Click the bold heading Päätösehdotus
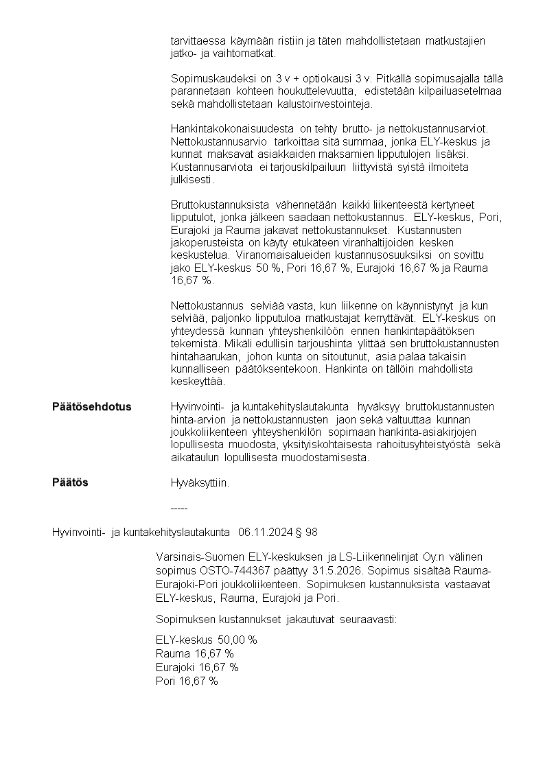(x=91, y=407)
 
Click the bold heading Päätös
(x=70, y=482)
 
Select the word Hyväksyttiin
(x=200, y=483)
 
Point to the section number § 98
(x=306, y=532)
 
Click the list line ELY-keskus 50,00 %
(x=206, y=640)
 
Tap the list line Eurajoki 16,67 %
(x=197, y=667)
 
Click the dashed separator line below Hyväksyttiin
(x=178, y=509)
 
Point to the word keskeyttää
(x=198, y=382)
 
